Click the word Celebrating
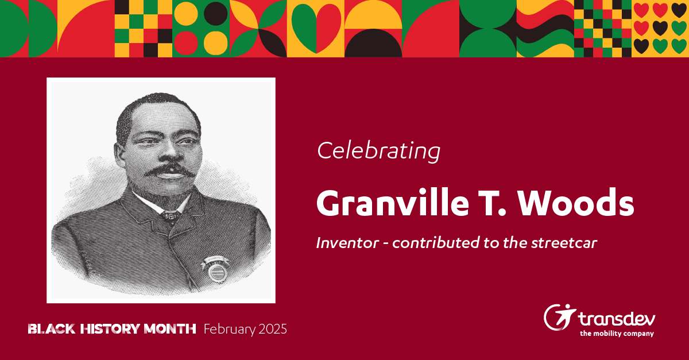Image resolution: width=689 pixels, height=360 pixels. coord(378,152)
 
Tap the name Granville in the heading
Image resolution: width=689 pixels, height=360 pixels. coord(393,203)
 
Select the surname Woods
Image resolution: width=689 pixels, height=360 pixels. coord(575,203)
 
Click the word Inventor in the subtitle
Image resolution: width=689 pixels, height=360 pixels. coord(347,243)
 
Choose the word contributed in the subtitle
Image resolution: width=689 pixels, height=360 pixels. coord(436,243)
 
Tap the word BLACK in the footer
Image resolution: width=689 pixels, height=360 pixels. coord(52,329)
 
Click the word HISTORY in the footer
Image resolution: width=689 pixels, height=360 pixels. coord(110,329)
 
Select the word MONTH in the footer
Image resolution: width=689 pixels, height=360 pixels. coord(170,329)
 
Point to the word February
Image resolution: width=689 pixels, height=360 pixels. coord(230,330)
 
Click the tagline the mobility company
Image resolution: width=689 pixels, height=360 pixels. coord(617,334)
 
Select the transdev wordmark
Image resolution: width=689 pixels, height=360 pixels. coord(617,319)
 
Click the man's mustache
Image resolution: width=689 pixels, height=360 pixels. coord(169,170)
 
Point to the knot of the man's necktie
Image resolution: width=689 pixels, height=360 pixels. coord(171,215)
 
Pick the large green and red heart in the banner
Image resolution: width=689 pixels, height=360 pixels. coord(316,28)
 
